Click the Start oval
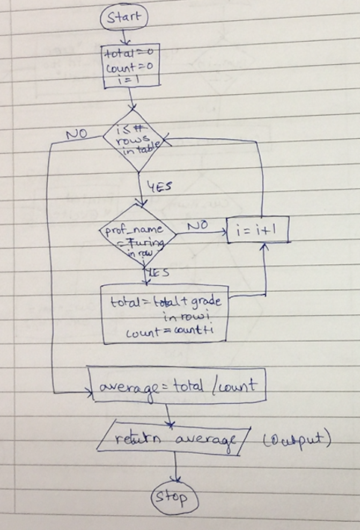(x=124, y=17)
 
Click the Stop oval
(x=176, y=498)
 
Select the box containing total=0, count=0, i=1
(x=131, y=67)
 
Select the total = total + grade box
(x=166, y=315)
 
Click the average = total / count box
(x=176, y=387)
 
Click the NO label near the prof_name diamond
(x=198, y=224)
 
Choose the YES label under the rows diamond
(x=158, y=187)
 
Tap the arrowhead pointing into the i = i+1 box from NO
(x=226, y=232)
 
